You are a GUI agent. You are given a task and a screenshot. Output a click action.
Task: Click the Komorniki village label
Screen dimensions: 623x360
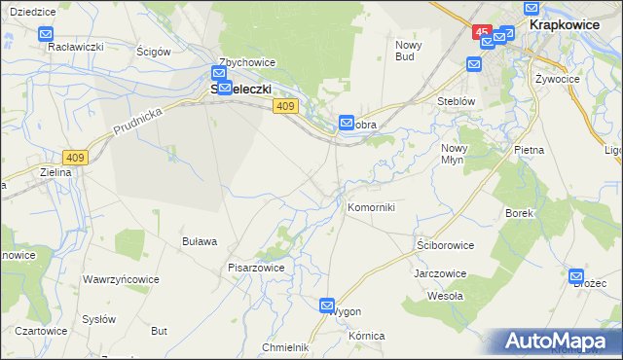(371, 207)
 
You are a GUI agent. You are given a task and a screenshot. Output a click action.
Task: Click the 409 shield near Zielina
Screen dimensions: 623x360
(75, 156)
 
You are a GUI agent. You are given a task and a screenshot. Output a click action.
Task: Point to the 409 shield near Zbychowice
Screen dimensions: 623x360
(285, 106)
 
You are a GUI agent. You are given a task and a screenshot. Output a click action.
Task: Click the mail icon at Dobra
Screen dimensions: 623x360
(347, 123)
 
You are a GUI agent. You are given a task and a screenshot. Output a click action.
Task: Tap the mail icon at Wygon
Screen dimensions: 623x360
(328, 305)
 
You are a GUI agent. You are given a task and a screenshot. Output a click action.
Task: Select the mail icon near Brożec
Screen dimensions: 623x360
(577, 273)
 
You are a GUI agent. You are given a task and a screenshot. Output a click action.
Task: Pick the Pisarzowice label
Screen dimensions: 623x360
(255, 267)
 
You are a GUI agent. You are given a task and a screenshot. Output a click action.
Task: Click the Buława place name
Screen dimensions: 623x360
(200, 240)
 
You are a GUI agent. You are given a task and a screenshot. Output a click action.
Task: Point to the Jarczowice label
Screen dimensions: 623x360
(440, 273)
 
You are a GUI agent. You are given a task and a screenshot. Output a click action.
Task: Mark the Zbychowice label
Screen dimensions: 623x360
(247, 62)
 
